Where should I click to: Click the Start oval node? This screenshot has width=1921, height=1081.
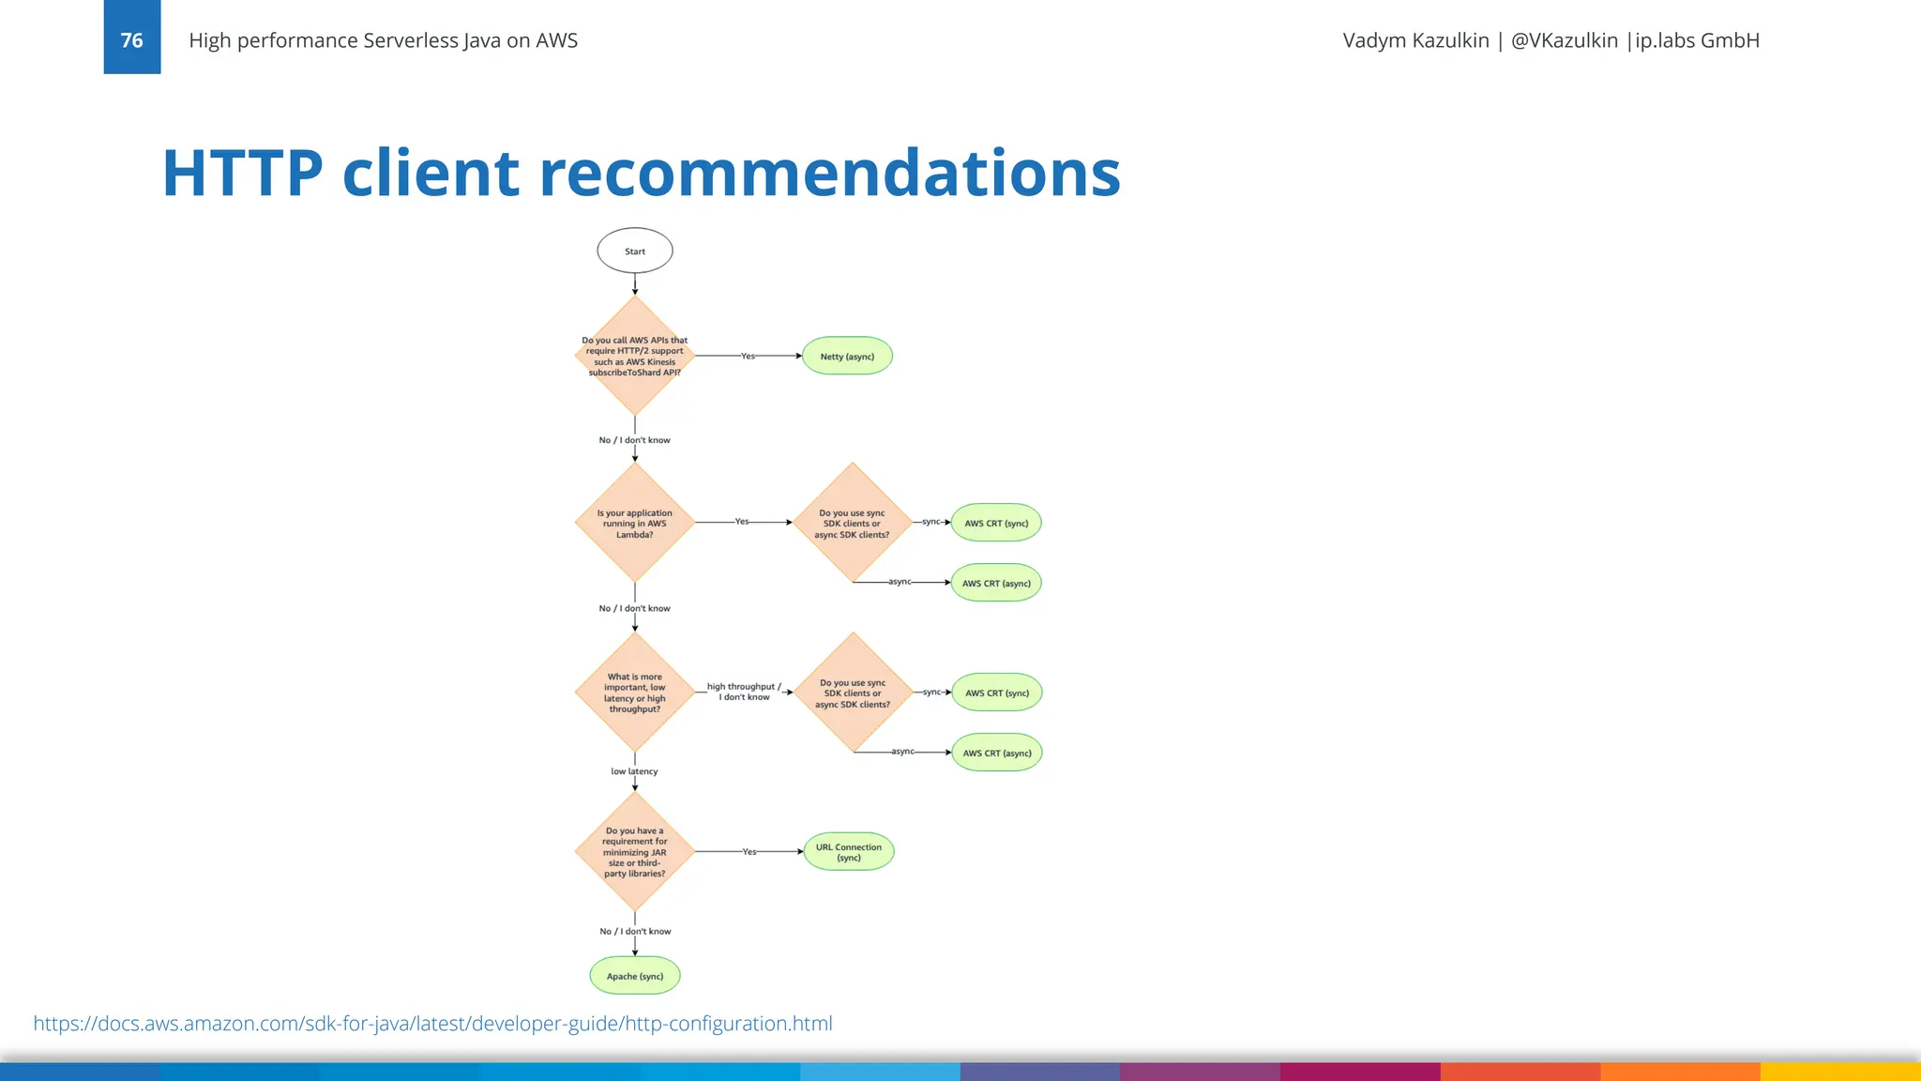[635, 251]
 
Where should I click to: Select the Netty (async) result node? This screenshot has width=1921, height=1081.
[847, 356]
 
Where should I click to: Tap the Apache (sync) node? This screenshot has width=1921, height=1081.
[635, 976]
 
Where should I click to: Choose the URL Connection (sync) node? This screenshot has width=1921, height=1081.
[849, 852]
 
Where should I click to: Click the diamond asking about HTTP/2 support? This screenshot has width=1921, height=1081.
[635, 356]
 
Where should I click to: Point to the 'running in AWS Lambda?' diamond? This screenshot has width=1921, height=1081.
[635, 523]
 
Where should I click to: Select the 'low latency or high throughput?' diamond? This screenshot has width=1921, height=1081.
[635, 693]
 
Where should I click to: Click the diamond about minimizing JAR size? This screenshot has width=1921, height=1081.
[635, 851]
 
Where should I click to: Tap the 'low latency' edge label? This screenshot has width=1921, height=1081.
[635, 771]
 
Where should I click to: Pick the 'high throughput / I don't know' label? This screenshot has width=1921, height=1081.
[744, 692]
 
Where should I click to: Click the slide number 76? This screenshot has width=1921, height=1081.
[132, 40]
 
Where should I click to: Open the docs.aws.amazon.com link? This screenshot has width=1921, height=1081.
[432, 1023]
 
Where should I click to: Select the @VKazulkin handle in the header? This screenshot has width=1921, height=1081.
[1564, 40]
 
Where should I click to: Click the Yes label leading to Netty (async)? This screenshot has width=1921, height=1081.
[748, 356]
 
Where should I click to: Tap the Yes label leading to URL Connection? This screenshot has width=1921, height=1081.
[749, 851]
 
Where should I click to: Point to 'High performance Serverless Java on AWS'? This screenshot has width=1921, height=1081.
[383, 40]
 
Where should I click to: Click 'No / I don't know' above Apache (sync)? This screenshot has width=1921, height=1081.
[635, 931]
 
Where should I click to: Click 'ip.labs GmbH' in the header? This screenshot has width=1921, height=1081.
[1697, 40]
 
